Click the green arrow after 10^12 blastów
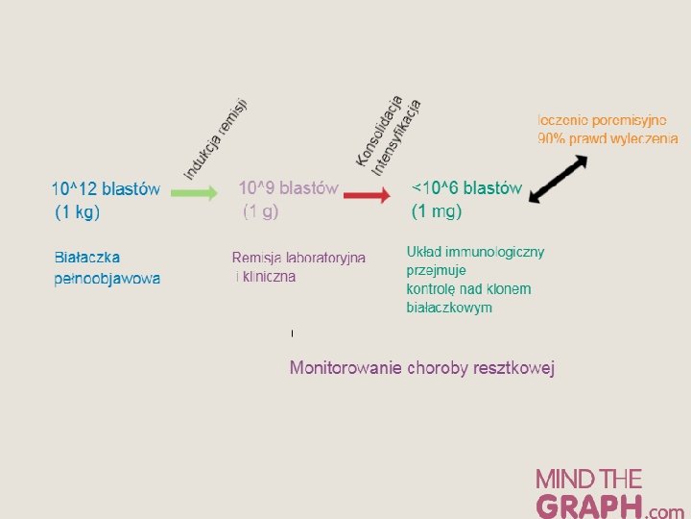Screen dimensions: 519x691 click(x=195, y=192)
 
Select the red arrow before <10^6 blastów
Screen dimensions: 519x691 click(x=366, y=196)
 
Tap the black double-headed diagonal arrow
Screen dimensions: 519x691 click(x=558, y=179)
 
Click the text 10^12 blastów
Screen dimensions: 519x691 click(x=106, y=188)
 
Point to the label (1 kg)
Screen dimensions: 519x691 click(x=78, y=211)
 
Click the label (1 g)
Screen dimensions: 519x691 click(x=260, y=211)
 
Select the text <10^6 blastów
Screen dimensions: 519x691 click(x=466, y=188)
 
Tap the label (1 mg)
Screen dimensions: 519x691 click(x=437, y=211)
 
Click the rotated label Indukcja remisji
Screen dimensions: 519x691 click(x=216, y=138)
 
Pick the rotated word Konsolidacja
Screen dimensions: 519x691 click(x=377, y=129)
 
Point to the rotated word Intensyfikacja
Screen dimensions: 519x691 click(x=396, y=136)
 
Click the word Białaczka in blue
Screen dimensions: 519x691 click(x=87, y=258)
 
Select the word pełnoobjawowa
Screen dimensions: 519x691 click(x=107, y=280)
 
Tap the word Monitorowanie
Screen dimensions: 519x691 click(x=345, y=368)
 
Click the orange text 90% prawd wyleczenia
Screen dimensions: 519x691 click(x=608, y=138)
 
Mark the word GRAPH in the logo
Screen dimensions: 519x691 click(x=589, y=506)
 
